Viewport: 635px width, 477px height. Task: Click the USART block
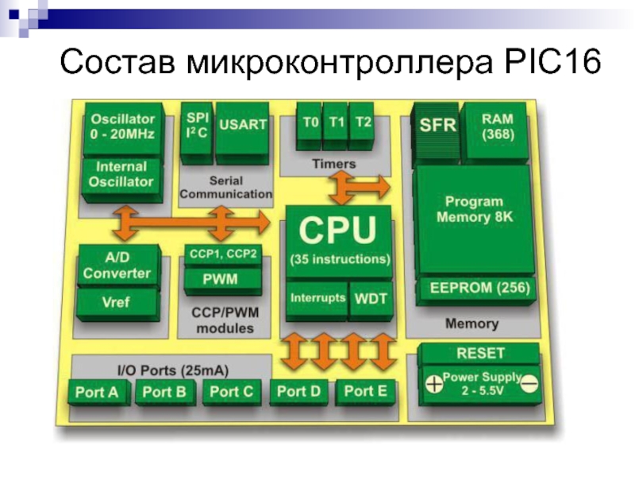coord(242,133)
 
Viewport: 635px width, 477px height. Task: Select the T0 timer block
coord(310,126)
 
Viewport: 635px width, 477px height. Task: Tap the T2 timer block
coord(362,126)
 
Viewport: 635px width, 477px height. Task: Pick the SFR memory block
coord(436,134)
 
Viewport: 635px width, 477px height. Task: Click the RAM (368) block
coord(497,132)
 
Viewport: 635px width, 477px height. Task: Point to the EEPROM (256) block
coord(477,291)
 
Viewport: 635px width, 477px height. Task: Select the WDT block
coord(371,301)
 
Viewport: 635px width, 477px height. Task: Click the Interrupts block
coord(317,301)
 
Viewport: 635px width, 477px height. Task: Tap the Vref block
coord(117,304)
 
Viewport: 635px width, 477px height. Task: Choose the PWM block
coord(222,281)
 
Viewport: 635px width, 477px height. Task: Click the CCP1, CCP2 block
coord(223,255)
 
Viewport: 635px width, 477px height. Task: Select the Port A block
coord(98,393)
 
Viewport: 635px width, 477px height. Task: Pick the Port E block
coord(366,393)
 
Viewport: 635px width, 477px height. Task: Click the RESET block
coord(479,354)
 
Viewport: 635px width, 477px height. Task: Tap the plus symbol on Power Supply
coord(434,384)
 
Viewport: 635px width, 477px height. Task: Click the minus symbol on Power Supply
coord(529,383)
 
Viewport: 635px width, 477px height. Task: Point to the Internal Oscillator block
coord(121,180)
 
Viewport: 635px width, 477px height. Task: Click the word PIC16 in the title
coord(552,62)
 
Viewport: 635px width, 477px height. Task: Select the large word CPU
coord(338,230)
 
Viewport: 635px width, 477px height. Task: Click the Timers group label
coord(333,164)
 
